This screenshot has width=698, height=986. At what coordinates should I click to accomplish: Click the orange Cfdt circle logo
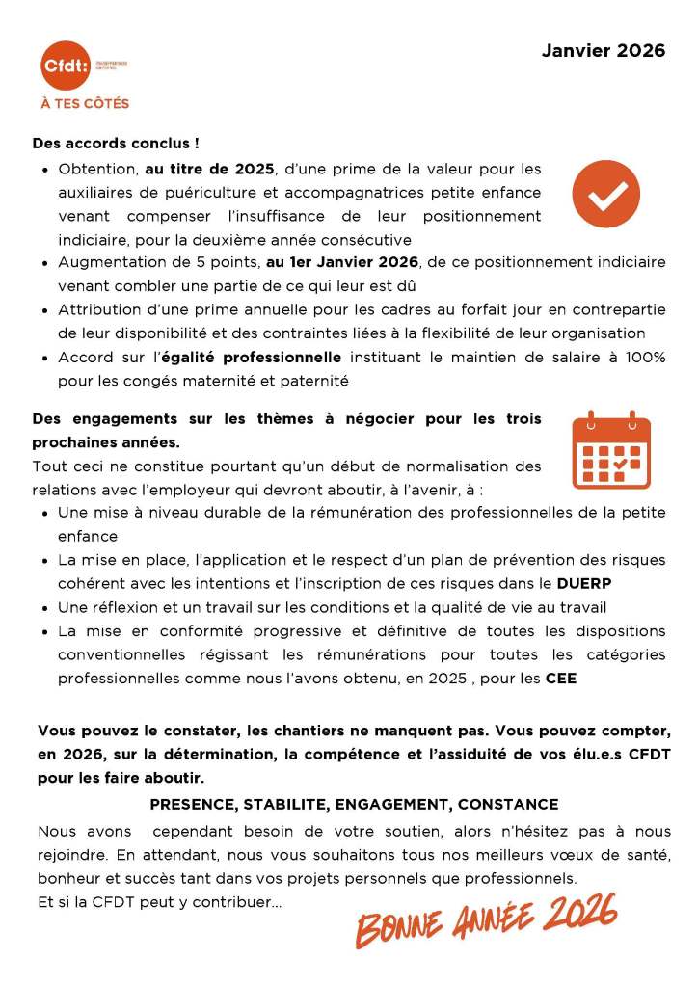click(x=65, y=66)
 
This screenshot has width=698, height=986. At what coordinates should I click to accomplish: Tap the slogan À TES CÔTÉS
click(x=85, y=103)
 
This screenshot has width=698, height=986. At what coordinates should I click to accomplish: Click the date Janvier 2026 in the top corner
click(x=603, y=51)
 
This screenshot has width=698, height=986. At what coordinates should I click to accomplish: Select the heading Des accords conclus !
click(x=116, y=143)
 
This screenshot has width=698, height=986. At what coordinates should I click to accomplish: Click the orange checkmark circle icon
click(x=605, y=194)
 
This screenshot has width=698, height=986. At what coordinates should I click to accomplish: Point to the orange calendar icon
click(x=611, y=451)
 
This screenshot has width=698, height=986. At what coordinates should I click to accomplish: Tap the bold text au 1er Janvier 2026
click(x=342, y=262)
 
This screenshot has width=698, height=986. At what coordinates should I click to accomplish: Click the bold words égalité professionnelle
click(x=252, y=358)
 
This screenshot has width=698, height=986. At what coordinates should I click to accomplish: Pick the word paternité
click(x=314, y=381)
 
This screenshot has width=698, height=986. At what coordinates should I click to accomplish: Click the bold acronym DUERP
click(x=584, y=583)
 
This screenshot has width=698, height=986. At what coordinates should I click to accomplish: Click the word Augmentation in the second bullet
click(x=108, y=262)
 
